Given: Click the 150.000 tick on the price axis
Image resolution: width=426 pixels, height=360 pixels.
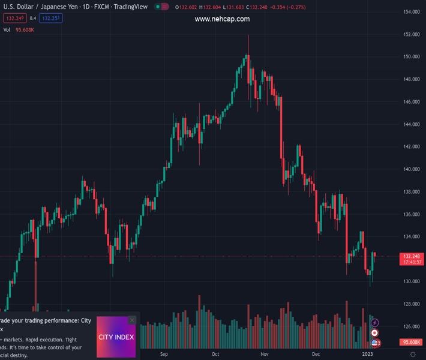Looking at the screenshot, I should coord(411,57).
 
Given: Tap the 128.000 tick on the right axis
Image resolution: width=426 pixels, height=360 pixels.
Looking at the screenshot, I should coord(411,304).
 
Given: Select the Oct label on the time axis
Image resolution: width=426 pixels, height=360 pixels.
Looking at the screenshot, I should coord(215,355).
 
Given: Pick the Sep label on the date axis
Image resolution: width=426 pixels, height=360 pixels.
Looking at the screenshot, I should coord(164,355).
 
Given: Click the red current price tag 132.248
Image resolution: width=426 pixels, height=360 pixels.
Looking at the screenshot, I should coord(411,256).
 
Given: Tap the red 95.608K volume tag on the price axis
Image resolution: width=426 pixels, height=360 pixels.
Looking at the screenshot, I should coord(411,342).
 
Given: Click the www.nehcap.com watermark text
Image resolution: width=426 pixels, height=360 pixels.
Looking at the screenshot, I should coord(222,19).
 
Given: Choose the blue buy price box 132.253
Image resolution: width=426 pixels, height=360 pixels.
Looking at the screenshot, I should coord(51,19).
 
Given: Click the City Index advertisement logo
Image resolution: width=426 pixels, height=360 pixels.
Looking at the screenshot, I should coord(116,337).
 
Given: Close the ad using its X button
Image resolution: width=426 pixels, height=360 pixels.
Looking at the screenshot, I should coord(132,320).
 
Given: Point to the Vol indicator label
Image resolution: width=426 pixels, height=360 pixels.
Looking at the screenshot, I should coord(7,30).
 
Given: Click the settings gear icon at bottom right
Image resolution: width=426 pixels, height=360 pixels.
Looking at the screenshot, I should coord(413,355).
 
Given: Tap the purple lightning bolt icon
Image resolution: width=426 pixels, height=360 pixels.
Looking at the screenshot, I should coord(374,323).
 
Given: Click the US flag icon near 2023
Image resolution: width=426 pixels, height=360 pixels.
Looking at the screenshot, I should coord(375,343).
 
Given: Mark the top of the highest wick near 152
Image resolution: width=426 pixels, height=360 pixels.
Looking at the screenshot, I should coord(248,35).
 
